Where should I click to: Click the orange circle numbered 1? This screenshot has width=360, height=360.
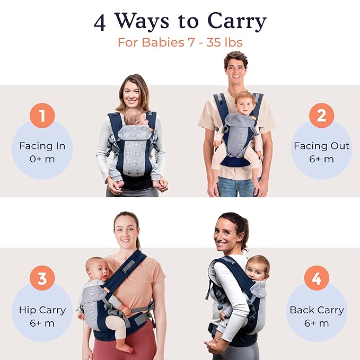pyautogui.click(x=42, y=116)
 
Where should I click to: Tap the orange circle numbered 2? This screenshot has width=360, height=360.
pyautogui.click(x=321, y=116)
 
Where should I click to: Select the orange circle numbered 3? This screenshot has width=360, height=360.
pyautogui.click(x=42, y=278)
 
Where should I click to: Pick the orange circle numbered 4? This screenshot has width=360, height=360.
pyautogui.click(x=317, y=278)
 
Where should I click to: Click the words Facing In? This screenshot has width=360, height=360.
pyautogui.click(x=42, y=145)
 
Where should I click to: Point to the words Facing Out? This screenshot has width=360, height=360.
pyautogui.click(x=321, y=145)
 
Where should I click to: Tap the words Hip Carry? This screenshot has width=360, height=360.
pyautogui.click(x=42, y=310)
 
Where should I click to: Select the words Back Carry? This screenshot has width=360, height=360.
pyautogui.click(x=317, y=310)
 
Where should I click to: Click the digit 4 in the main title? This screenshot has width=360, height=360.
pyautogui.click(x=100, y=22)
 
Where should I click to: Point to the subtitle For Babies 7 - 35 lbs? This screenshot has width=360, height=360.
pyautogui.click(x=180, y=42)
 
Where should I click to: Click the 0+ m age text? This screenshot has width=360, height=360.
pyautogui.click(x=42, y=159)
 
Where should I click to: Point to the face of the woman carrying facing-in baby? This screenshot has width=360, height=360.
pyautogui.click(x=131, y=94)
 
